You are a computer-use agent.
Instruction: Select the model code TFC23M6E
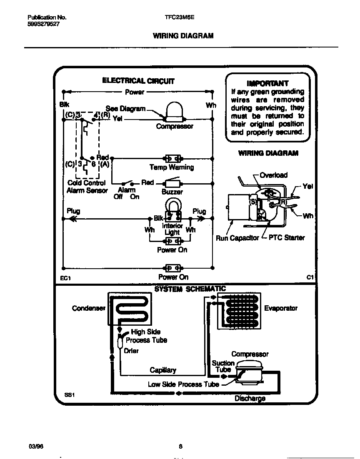click(x=180, y=17)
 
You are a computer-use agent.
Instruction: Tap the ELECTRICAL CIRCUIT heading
click(x=138, y=81)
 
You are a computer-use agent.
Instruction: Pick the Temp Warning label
click(x=172, y=167)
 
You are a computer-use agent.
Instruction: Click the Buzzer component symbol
click(x=172, y=183)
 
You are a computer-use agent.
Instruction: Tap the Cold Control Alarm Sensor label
click(x=87, y=187)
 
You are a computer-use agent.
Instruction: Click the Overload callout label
click(x=273, y=175)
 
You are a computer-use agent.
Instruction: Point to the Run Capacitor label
click(x=237, y=238)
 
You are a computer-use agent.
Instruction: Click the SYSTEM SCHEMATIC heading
click(x=190, y=289)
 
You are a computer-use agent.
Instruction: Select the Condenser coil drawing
click(x=129, y=308)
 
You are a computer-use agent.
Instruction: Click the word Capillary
click(x=163, y=370)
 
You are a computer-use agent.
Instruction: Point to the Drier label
click(x=131, y=351)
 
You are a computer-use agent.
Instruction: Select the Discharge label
click(x=250, y=399)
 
